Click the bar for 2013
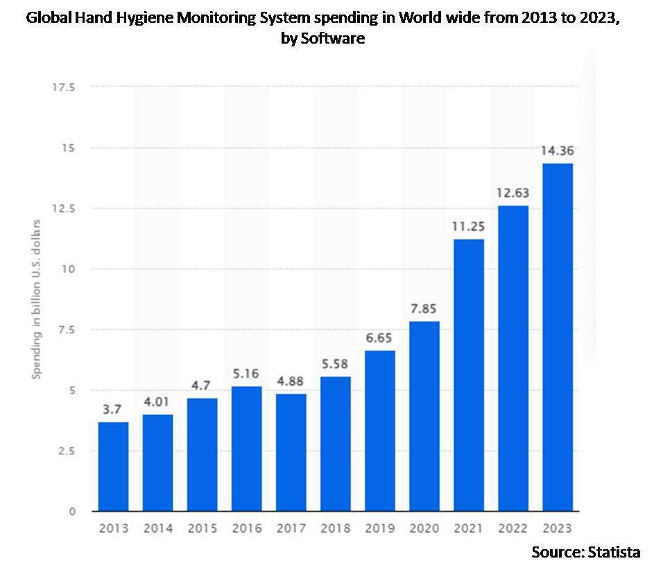tap(113, 466)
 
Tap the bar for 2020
tap(424, 416)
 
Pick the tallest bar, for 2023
tap(557, 337)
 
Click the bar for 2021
tap(468, 375)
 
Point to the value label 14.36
tap(557, 151)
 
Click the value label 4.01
tap(157, 402)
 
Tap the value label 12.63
tap(513, 193)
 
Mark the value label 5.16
tap(246, 374)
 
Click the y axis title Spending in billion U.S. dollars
tap(37, 299)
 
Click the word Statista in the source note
tap(613, 552)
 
